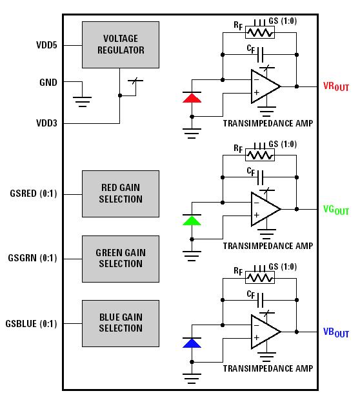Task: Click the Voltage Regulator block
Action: [x=120, y=45]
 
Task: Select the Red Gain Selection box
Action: [x=120, y=194]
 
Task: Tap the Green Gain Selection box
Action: [x=120, y=258]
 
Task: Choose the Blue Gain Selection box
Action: [x=120, y=323]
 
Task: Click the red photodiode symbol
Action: [x=192, y=98]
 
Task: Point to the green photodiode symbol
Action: [x=192, y=221]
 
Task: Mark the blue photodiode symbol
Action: [x=192, y=343]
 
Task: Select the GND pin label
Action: [x=48, y=83]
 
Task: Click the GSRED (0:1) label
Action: [x=34, y=194]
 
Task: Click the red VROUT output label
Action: [x=335, y=86]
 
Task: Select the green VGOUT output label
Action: [x=335, y=210]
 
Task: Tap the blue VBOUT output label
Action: [x=335, y=332]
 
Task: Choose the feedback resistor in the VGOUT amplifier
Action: [x=261, y=155]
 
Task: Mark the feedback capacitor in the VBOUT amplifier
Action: [x=261, y=300]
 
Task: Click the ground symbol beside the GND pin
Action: [x=82, y=101]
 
